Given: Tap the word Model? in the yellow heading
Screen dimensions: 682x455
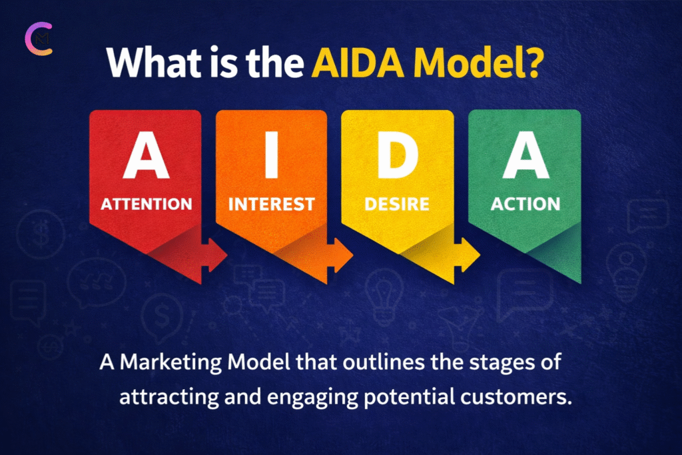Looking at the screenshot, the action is (478, 62).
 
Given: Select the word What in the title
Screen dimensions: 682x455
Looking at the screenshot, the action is (154, 62).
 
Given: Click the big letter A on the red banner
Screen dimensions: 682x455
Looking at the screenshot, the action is (146, 155).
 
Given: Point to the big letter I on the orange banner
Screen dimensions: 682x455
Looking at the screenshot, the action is (272, 155).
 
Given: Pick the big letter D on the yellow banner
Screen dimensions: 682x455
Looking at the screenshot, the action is (398, 155).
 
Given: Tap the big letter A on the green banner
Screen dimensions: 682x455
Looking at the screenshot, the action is (525, 155).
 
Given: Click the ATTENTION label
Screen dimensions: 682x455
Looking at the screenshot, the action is (147, 204).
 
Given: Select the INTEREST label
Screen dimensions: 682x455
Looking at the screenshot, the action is (272, 204).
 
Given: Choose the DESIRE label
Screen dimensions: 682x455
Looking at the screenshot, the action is (397, 204).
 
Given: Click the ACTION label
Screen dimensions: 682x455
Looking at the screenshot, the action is (525, 204).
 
